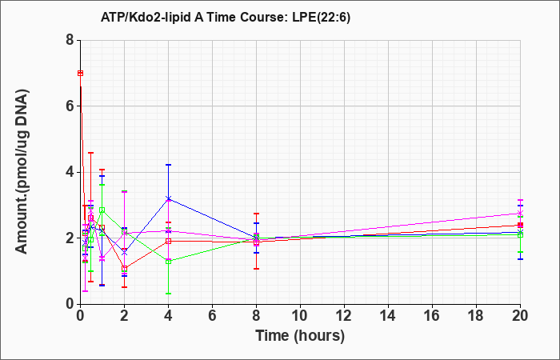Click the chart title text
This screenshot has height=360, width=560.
pyautogui.click(x=226, y=17)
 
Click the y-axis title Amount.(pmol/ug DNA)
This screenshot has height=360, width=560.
pyautogui.click(x=22, y=172)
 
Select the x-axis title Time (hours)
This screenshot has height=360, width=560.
pyautogui.click(x=300, y=336)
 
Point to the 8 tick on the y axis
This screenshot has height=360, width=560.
pyautogui.click(x=70, y=40)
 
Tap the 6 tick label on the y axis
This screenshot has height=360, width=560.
pyautogui.click(x=70, y=106)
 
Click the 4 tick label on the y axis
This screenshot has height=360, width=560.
pyautogui.click(x=70, y=172)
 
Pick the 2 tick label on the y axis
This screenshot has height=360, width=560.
pyautogui.click(x=70, y=238)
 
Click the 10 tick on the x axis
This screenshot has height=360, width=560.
pyautogui.click(x=300, y=316)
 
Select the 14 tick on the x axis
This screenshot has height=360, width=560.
pyautogui.click(x=388, y=316)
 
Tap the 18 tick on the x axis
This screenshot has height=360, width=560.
pyautogui.click(x=477, y=316)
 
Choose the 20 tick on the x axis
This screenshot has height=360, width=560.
pyautogui.click(x=520, y=316)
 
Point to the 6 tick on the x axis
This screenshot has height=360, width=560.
pyautogui.click(x=212, y=316)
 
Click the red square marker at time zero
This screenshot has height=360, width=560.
pyautogui.click(x=80, y=74)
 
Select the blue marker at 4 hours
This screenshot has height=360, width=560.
pyautogui.click(x=168, y=198)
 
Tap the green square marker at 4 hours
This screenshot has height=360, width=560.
pyautogui.click(x=168, y=262)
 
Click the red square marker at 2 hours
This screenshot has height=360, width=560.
pyautogui.click(x=124, y=269)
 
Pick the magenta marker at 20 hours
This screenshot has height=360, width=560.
pyautogui.click(x=520, y=214)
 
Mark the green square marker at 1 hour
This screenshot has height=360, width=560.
pyautogui.click(x=102, y=210)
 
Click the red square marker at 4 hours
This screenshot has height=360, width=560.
pyautogui.click(x=168, y=241)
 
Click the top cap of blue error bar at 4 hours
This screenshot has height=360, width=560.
pyautogui.click(x=168, y=165)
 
